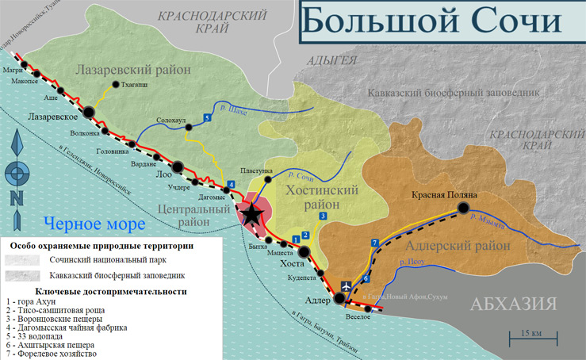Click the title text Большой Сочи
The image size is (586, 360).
pyautogui.click(x=439, y=24)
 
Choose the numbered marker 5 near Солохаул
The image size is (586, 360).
pyautogui.click(x=207, y=117)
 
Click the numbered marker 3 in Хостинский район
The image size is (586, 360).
pyautogui.click(x=323, y=216)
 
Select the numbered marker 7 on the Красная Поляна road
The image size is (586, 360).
pyautogui.click(x=374, y=242)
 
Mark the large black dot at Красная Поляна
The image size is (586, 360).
pyautogui.click(x=463, y=209)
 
